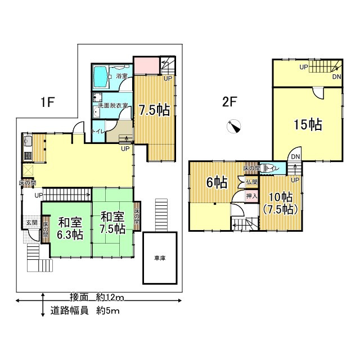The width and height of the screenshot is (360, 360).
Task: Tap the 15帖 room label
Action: (x=308, y=125)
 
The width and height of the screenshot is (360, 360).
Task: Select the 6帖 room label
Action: (x=216, y=182)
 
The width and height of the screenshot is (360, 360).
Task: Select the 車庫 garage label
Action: (x=161, y=258)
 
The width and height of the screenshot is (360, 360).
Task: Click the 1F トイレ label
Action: (x=98, y=130)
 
